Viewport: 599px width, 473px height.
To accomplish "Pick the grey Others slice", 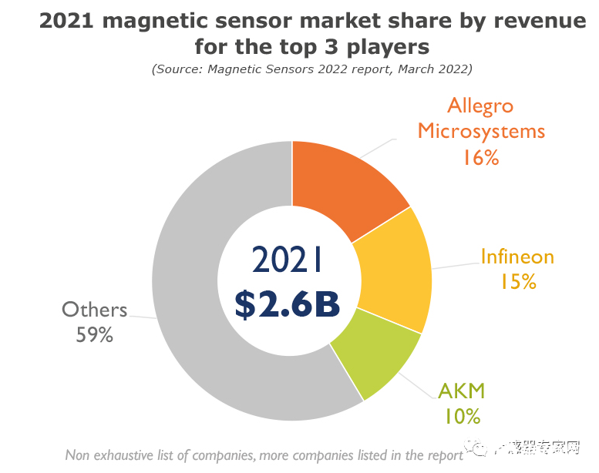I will pyautogui.click(x=200, y=308).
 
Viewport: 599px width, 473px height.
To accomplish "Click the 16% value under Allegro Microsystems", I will pyautogui.click(x=481, y=157).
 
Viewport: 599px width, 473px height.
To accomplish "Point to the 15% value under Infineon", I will pyautogui.click(x=517, y=282).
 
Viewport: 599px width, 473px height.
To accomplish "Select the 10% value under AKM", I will pyautogui.click(x=462, y=416).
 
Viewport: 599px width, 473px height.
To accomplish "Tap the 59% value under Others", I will pyautogui.click(x=94, y=335).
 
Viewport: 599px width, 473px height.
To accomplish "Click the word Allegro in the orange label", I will pyautogui.click(x=480, y=106).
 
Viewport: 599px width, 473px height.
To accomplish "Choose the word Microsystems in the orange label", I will pyautogui.click(x=481, y=131).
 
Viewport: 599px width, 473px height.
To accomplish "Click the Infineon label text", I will pyautogui.click(x=517, y=257).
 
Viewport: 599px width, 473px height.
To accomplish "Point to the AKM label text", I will pyautogui.click(x=461, y=391).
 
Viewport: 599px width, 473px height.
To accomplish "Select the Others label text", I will pyautogui.click(x=94, y=310).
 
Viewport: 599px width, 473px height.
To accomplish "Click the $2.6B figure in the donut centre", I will pyautogui.click(x=287, y=304).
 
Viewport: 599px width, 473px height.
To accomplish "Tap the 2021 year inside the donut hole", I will pyautogui.click(x=287, y=260).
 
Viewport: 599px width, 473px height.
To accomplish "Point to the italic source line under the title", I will pyautogui.click(x=311, y=69).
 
